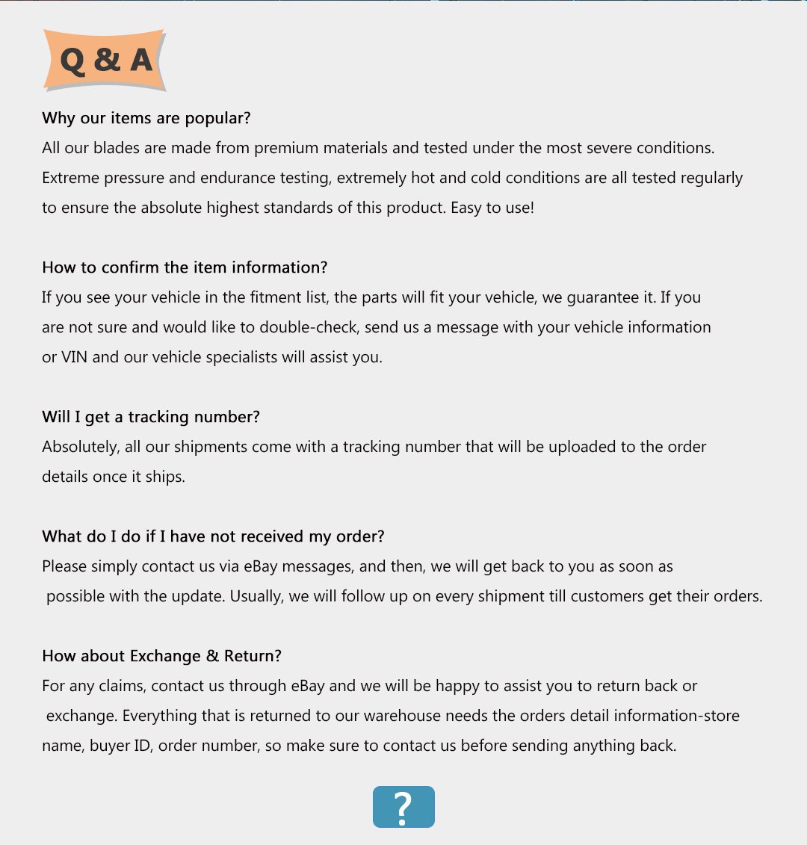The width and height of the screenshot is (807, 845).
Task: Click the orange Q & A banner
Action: coord(105,60)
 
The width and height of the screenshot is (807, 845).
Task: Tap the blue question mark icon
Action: coord(403,807)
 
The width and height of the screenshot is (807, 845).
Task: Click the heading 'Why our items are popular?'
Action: coord(146,118)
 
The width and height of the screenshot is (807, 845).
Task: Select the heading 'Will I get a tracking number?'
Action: coord(151,417)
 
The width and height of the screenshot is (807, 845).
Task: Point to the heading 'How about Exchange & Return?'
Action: coord(161,656)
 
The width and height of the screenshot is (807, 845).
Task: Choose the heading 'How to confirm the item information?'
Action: coord(185,267)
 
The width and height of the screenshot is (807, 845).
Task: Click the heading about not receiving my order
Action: coord(213,536)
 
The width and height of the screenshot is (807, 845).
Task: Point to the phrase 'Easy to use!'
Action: coord(492,208)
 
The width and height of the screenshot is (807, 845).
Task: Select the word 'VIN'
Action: coord(74,357)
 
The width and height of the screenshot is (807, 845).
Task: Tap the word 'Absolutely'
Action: coord(80,447)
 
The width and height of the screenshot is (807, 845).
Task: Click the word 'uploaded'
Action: coord(580,447)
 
